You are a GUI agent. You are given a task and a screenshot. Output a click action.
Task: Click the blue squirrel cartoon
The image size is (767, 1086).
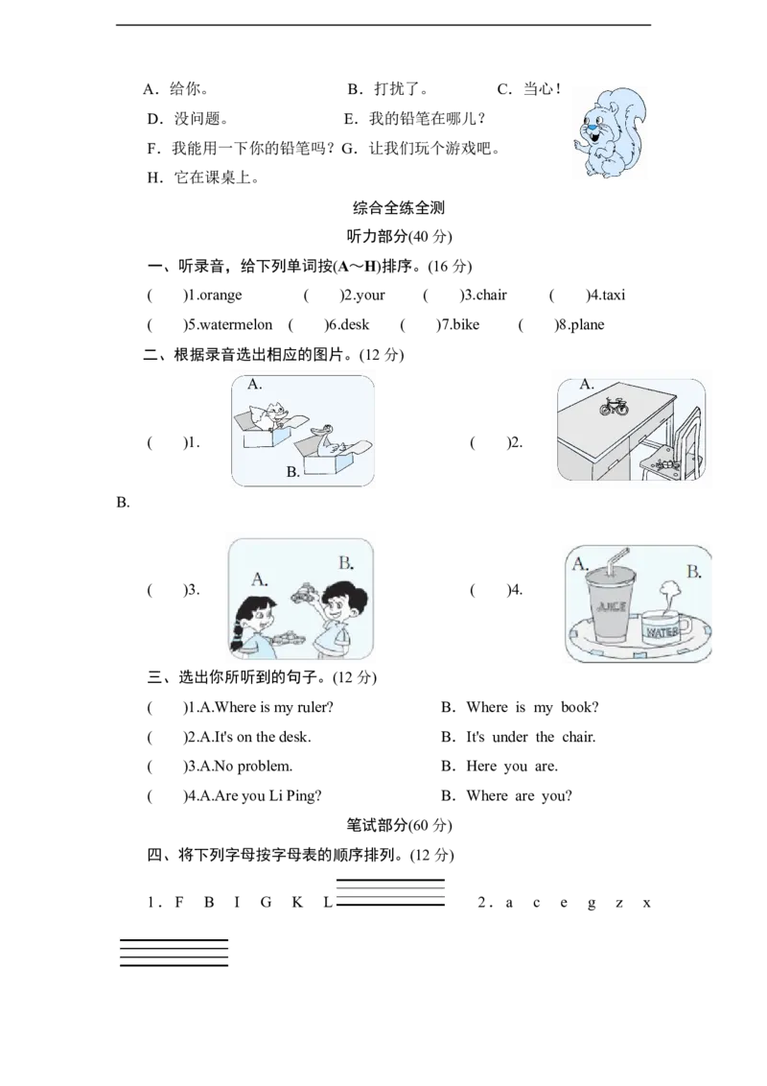pyautogui.click(x=610, y=133)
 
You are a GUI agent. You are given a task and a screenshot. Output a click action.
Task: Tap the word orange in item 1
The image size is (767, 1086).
pyautogui.click(x=221, y=295)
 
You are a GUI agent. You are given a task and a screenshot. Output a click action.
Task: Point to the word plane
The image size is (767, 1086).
pyautogui.click(x=587, y=325)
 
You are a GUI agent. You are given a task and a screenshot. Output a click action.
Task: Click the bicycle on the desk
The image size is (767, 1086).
pyautogui.click(x=614, y=407)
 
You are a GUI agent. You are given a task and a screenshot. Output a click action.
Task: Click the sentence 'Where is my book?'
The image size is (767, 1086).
pyautogui.click(x=532, y=707)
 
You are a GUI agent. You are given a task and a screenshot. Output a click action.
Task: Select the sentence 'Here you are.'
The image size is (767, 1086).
pyautogui.click(x=512, y=766)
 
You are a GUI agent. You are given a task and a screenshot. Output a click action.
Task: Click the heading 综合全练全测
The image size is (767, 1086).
pyautogui.click(x=399, y=207)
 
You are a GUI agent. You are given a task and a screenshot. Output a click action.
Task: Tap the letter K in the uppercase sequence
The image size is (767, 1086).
pyautogui.click(x=297, y=903)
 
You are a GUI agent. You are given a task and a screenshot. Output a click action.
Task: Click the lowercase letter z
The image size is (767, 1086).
pyautogui.click(x=618, y=903)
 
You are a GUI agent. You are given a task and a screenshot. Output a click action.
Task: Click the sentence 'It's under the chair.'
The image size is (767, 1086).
pyautogui.click(x=530, y=737)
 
